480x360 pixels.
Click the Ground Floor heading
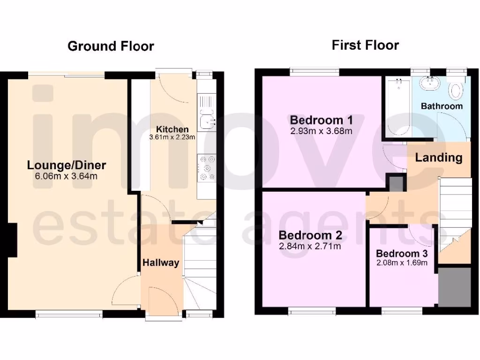click(x=111, y=46)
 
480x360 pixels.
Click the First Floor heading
click(x=365, y=45)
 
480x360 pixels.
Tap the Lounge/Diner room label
click(x=67, y=165)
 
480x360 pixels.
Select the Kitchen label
click(x=172, y=129)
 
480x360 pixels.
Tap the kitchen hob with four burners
click(x=206, y=167)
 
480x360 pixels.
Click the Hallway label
click(x=161, y=263)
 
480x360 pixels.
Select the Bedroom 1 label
click(x=321, y=120)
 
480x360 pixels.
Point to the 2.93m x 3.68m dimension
click(x=321, y=131)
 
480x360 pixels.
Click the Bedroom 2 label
click(x=310, y=235)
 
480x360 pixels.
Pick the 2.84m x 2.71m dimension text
click(x=310, y=246)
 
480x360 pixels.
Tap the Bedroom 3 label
click(x=402, y=254)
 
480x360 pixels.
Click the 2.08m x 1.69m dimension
click(x=402, y=262)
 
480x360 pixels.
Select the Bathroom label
click(x=442, y=106)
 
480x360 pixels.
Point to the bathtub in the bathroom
click(x=397, y=108)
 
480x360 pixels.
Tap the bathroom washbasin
click(x=430, y=83)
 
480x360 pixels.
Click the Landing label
click(x=439, y=157)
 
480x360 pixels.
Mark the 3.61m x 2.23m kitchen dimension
click(x=172, y=137)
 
